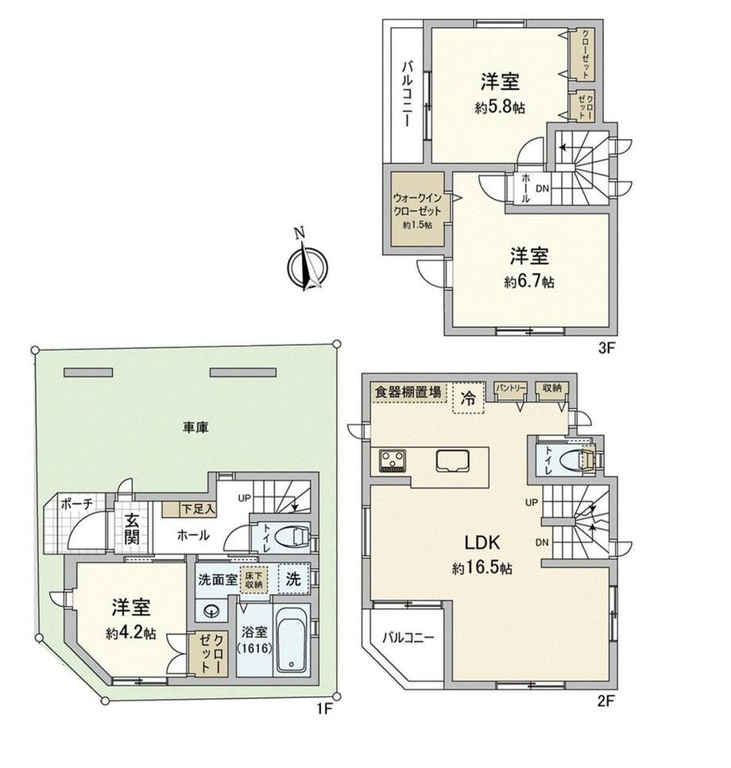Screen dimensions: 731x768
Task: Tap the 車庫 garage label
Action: pos(196,427)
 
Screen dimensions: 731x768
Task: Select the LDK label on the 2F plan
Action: pos(482,542)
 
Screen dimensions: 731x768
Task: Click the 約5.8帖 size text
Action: pos(499,107)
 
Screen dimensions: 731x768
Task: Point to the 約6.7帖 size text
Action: pos(529,282)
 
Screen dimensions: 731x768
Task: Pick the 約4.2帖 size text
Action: pos(131,633)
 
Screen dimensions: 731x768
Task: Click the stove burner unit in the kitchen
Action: pos(393,461)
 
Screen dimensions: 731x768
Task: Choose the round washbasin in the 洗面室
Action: pos(211,612)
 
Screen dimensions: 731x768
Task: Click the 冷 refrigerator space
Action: pos(468,398)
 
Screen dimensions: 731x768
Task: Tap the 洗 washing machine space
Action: pos(293,579)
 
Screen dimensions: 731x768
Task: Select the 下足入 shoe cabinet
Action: pos(189,509)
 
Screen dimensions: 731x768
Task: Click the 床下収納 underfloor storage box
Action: pos(253,580)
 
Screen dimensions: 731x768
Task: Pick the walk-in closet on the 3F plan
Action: pos(417,209)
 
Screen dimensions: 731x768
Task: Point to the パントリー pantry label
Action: pos(511,388)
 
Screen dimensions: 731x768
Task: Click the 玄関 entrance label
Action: pos(131,529)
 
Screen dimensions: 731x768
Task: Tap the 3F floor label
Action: pos(606,348)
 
